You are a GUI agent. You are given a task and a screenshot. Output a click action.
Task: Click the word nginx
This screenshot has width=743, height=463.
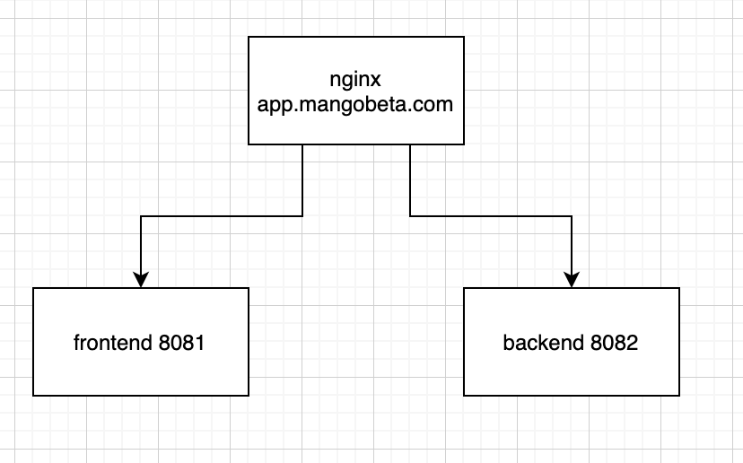355,79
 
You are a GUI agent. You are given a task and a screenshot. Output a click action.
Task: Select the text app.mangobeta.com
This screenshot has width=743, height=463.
355,103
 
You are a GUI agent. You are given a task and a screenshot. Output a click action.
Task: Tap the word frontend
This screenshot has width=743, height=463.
114,342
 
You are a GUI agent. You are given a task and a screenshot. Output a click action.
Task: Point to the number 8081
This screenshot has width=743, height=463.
182,342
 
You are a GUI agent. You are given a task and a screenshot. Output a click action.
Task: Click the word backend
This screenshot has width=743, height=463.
544,342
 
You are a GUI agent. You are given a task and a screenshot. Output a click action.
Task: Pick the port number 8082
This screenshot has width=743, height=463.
614,342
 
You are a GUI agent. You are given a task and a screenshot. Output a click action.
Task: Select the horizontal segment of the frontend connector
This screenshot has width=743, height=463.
222,216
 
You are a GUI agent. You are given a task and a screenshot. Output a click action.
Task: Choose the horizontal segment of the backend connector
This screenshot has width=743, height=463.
491,216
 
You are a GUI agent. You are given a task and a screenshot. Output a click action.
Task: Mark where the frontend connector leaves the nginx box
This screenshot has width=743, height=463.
302,144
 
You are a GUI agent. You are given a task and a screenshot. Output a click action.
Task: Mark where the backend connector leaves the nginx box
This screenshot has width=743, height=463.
410,144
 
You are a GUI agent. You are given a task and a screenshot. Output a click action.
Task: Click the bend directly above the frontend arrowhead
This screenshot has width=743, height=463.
141,216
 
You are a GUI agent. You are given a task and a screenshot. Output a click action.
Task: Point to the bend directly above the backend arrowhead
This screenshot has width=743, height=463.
572,216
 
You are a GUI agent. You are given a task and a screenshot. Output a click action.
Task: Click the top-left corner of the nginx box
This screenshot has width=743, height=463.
249,37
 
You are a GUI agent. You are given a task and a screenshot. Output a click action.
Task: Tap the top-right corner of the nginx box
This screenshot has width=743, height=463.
464,37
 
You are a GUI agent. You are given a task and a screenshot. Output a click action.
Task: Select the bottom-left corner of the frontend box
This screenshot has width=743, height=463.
33,395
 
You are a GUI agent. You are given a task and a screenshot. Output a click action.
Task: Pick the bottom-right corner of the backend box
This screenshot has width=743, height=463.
679,395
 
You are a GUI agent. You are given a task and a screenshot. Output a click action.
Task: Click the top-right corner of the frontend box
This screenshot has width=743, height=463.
249,288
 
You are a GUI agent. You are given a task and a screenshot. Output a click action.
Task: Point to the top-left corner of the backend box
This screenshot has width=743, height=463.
464,288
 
